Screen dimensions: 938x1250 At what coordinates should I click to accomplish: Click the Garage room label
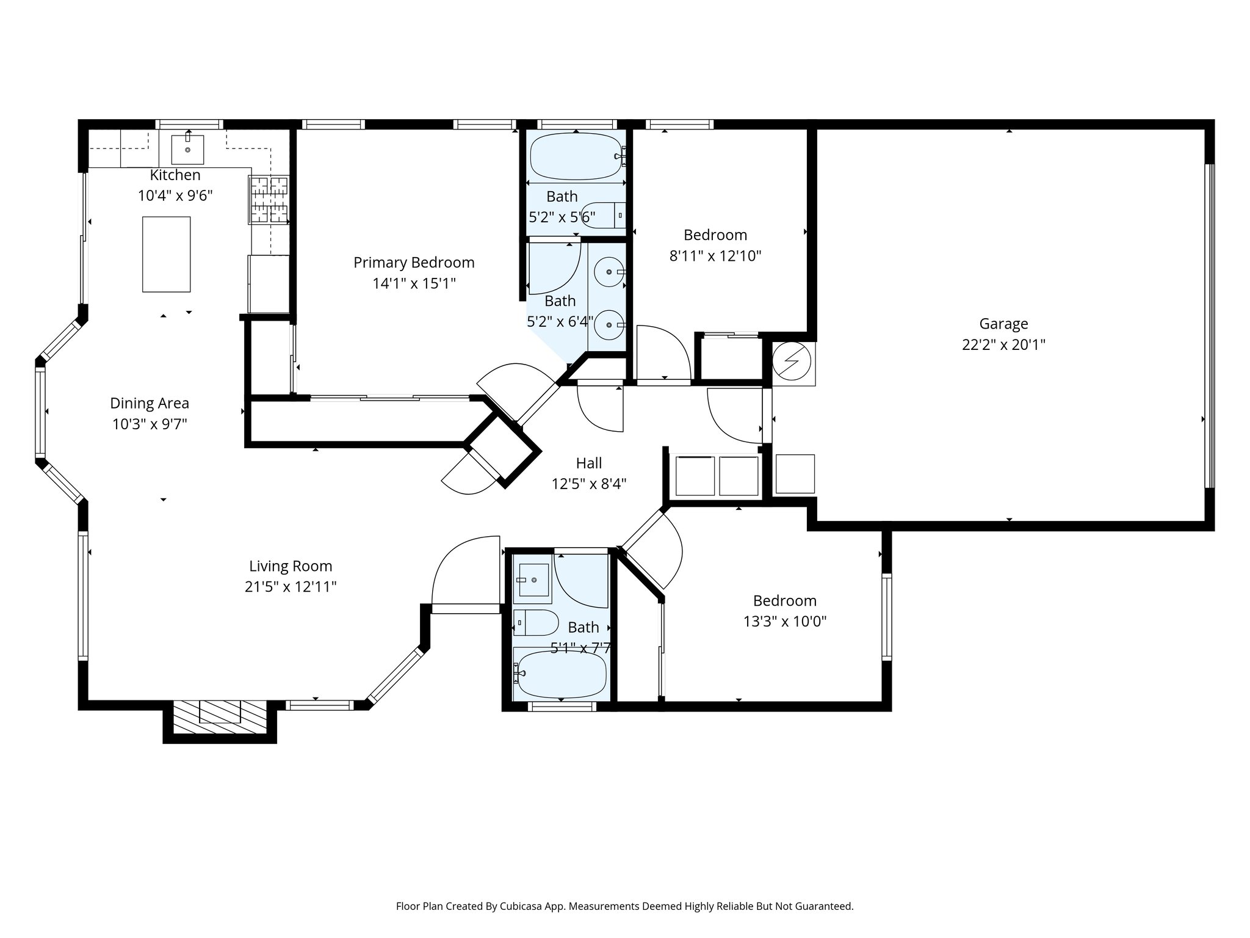tap(1003, 324)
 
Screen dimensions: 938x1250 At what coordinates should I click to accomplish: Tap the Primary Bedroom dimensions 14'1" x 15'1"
tap(414, 283)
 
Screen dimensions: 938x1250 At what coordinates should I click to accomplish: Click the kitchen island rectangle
tap(166, 254)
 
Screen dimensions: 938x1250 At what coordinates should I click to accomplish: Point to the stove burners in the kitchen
tap(268, 199)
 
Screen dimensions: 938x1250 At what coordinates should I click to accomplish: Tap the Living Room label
tap(291, 566)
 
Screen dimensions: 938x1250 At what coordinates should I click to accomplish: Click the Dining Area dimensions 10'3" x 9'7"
tap(150, 424)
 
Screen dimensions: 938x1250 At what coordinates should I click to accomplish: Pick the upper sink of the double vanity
tap(609, 272)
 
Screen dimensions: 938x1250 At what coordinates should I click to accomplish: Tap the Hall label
tap(588, 463)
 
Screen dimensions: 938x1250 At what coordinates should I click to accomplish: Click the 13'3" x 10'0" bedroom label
tap(784, 601)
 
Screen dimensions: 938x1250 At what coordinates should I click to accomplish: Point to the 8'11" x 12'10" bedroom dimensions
tap(715, 256)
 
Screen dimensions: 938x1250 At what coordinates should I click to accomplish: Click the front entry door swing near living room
tap(465, 574)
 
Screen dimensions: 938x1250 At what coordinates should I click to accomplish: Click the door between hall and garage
tap(735, 415)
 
